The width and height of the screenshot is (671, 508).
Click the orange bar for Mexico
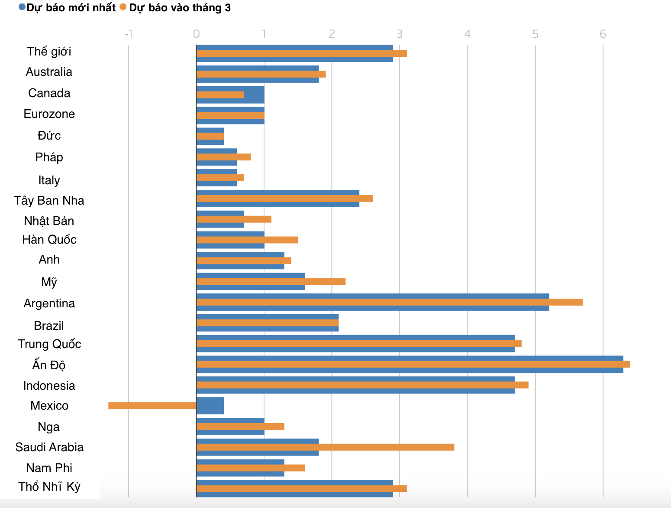pos(152,406)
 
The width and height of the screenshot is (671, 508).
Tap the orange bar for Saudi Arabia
pos(325,447)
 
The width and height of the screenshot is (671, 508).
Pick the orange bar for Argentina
pos(390,302)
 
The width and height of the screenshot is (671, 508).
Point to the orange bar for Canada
pos(220,95)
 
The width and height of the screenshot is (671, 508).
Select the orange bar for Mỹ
pos(271,281)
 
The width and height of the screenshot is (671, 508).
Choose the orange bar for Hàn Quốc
pos(247,240)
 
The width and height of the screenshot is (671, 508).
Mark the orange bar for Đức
pos(210,136)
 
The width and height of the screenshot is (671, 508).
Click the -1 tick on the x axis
pos(128,34)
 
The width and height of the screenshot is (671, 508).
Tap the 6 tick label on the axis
pos(603,34)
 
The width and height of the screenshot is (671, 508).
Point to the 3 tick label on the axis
pos(400,34)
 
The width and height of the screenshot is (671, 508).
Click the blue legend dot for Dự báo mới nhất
pos(22,7)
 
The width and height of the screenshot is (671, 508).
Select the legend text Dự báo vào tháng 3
pos(180,8)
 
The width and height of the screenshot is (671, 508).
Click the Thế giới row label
pos(49,52)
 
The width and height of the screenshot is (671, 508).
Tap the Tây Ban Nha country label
pos(49,201)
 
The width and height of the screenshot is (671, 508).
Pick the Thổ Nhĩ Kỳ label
pos(49,487)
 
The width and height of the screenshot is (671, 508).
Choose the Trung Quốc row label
pos(49,344)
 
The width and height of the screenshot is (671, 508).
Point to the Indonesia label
pos(49,386)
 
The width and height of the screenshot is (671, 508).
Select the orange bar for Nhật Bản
pos(234,219)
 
